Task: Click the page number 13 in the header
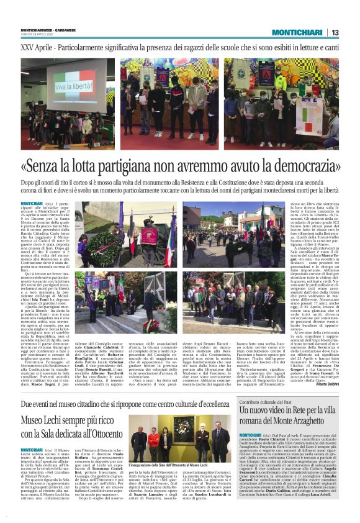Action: pos(335,32)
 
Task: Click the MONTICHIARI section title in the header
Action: pos(297,32)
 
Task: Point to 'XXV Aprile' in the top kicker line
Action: pos(37,48)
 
